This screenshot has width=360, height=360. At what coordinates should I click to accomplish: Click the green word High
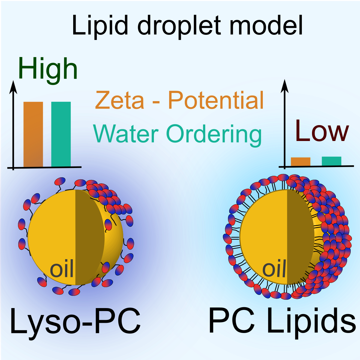pos(48,70)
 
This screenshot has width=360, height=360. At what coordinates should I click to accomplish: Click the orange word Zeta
pos(120,100)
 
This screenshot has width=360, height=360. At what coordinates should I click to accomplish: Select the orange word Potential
pos(216,100)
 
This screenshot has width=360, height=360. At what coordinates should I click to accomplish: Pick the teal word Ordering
pos(214,134)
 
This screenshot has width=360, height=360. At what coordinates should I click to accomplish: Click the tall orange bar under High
pos(33,134)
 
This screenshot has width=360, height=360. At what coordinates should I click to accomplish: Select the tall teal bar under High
pos(61,134)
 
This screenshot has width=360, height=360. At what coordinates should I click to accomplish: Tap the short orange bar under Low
pos(300,162)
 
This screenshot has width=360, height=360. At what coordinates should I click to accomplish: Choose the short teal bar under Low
pos(331,161)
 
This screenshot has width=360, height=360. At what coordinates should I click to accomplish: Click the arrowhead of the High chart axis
pos(13,85)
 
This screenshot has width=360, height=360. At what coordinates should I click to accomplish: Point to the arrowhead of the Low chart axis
pos(284,85)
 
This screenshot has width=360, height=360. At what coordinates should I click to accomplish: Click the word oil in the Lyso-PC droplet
pos(62,269)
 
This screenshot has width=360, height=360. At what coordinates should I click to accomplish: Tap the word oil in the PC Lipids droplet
pos(274,269)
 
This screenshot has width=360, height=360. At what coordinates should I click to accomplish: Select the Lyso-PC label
pos(75,321)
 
